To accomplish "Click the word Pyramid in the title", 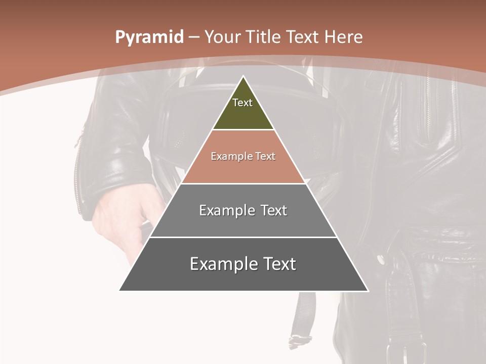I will [x=149, y=37].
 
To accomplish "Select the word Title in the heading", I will [x=263, y=37].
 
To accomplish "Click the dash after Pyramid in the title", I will [x=193, y=37].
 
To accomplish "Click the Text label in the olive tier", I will [x=242, y=103].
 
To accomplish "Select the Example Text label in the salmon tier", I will [x=243, y=156].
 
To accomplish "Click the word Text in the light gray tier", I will [x=273, y=210].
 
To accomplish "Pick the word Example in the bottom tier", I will [x=221, y=264].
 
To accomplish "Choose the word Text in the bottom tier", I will [x=278, y=264].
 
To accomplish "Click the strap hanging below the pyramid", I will [x=302, y=318].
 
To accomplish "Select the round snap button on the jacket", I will [x=381, y=260].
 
